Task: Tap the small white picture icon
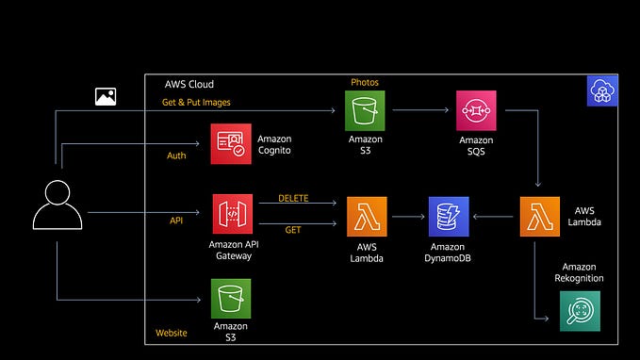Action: pyautogui.click(x=106, y=96)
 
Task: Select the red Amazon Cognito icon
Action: pyautogui.click(x=231, y=143)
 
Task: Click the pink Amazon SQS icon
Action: pyautogui.click(x=476, y=110)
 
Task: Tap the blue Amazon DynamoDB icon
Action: pyautogui.click(x=449, y=216)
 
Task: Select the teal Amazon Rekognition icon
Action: pyautogui.click(x=580, y=311)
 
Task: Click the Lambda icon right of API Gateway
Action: pyautogui.click(x=366, y=216)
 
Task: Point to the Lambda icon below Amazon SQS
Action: pyautogui.click(x=539, y=216)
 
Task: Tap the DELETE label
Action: pyautogui.click(x=293, y=199)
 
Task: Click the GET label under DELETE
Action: pyautogui.click(x=293, y=229)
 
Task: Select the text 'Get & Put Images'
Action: pyautogui.click(x=198, y=102)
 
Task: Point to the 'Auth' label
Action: pyautogui.click(x=176, y=155)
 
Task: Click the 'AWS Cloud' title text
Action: pyautogui.click(x=189, y=83)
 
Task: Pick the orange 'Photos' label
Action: pyautogui.click(x=365, y=82)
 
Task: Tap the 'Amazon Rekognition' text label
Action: pyautogui.click(x=583, y=272)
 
